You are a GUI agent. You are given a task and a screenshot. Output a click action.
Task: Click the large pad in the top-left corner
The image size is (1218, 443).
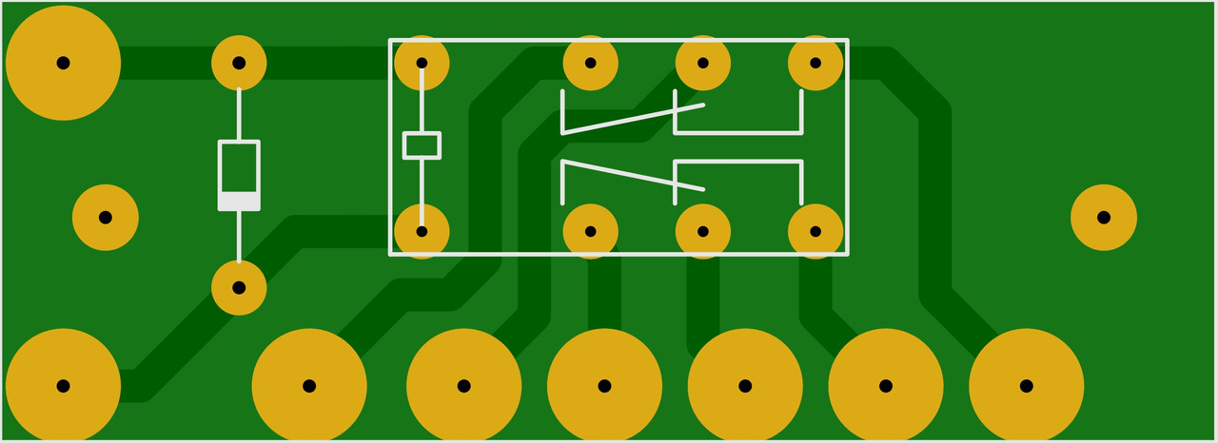tap(63, 63)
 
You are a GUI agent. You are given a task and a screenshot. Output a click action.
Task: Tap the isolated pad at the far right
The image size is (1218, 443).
tap(1103, 217)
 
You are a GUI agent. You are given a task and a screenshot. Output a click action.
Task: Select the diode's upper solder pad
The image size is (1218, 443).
tap(239, 63)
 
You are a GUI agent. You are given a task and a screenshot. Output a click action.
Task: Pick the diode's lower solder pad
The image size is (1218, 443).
tap(239, 287)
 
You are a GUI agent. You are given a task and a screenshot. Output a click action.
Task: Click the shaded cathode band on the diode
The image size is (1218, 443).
tap(239, 201)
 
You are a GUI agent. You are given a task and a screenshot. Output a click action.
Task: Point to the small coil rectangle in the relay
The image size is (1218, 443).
tap(422, 144)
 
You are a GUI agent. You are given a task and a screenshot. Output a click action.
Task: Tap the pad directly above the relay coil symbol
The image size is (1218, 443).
tap(422, 63)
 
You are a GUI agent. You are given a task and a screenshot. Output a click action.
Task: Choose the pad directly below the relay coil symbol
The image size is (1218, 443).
tap(422, 231)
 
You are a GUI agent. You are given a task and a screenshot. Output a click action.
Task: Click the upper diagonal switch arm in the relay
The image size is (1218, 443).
tap(633, 119)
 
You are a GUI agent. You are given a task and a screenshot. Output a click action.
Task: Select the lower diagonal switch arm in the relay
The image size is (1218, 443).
tap(633, 176)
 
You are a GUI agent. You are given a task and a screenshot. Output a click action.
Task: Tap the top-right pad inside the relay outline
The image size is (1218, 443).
tap(815, 63)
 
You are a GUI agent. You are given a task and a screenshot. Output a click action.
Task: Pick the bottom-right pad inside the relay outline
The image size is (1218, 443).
tap(815, 231)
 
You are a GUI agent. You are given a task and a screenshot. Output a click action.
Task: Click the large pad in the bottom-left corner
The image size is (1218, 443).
tap(63, 386)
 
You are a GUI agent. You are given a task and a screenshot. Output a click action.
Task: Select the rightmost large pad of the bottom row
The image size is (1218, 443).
tap(1026, 386)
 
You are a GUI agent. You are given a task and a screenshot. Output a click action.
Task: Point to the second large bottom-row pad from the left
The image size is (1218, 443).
tap(309, 386)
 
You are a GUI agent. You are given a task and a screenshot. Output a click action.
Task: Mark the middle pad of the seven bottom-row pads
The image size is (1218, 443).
tap(604, 386)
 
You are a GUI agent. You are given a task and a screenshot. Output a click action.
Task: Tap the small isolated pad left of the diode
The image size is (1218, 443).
tap(106, 217)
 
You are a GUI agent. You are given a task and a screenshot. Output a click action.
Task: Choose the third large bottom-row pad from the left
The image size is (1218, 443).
tap(463, 386)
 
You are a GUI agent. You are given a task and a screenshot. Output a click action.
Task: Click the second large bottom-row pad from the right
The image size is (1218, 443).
tap(885, 386)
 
